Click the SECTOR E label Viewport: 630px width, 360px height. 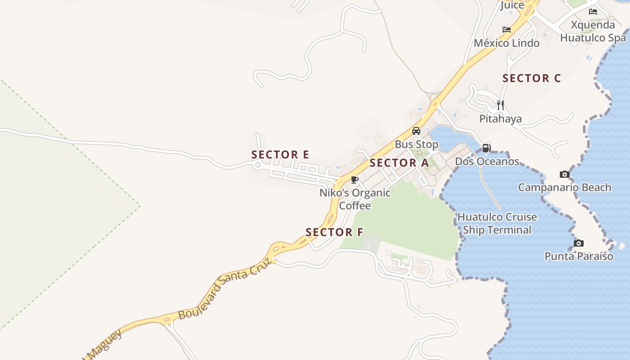[x=280, y=155]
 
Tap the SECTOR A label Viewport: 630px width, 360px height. [x=399, y=163]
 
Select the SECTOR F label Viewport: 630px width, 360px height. [x=334, y=232]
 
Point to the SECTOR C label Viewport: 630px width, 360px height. [x=531, y=78]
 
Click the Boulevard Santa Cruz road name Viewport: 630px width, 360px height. [x=225, y=288]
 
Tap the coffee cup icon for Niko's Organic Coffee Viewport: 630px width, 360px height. [x=355, y=180]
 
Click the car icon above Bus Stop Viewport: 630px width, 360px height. [x=416, y=131]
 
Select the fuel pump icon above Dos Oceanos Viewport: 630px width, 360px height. [x=486, y=148]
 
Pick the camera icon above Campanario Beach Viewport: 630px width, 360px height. [x=564, y=174]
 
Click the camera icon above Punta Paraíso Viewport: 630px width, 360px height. [x=579, y=243]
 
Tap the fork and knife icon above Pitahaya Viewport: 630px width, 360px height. [x=500, y=105]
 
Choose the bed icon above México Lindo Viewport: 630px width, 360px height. [x=507, y=30]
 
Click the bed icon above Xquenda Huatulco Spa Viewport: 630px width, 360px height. [x=593, y=12]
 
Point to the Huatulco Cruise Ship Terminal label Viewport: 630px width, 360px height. [x=497, y=224]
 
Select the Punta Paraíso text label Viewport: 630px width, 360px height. [x=579, y=256]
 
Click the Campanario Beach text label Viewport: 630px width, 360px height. [x=564, y=188]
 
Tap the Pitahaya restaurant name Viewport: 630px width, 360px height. [x=500, y=119]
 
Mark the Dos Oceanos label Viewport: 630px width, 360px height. [x=487, y=162]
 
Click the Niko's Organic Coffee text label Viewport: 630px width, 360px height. [x=355, y=199]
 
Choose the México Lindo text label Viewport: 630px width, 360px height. [x=507, y=43]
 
